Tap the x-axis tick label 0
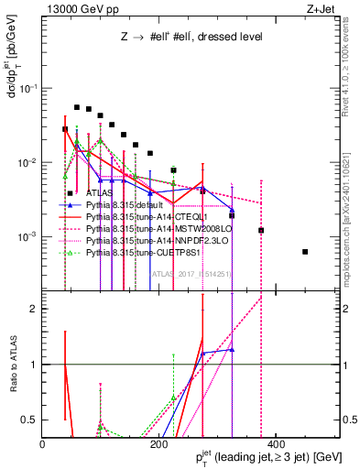coord(42,443)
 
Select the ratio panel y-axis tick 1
coord(35,365)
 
